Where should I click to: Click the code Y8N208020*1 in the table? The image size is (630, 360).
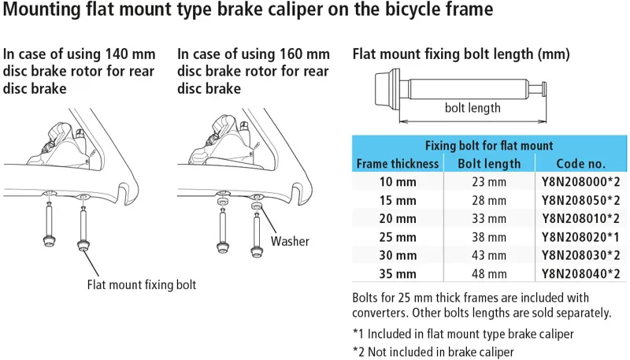(580, 237)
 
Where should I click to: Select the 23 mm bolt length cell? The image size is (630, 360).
(489, 182)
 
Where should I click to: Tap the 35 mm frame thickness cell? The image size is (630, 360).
(397, 274)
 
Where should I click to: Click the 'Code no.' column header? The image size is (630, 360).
(580, 164)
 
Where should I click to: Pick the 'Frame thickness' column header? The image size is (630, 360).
(397, 164)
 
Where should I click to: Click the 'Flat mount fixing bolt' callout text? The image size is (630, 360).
(141, 284)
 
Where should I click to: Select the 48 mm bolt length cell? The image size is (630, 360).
(489, 274)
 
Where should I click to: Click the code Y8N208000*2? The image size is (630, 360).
(580, 182)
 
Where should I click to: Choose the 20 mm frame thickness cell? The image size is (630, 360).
(397, 219)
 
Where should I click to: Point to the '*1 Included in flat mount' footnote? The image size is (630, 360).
(463, 333)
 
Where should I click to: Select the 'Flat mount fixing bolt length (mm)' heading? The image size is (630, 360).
(461, 54)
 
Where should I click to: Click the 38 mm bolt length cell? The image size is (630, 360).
(489, 237)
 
